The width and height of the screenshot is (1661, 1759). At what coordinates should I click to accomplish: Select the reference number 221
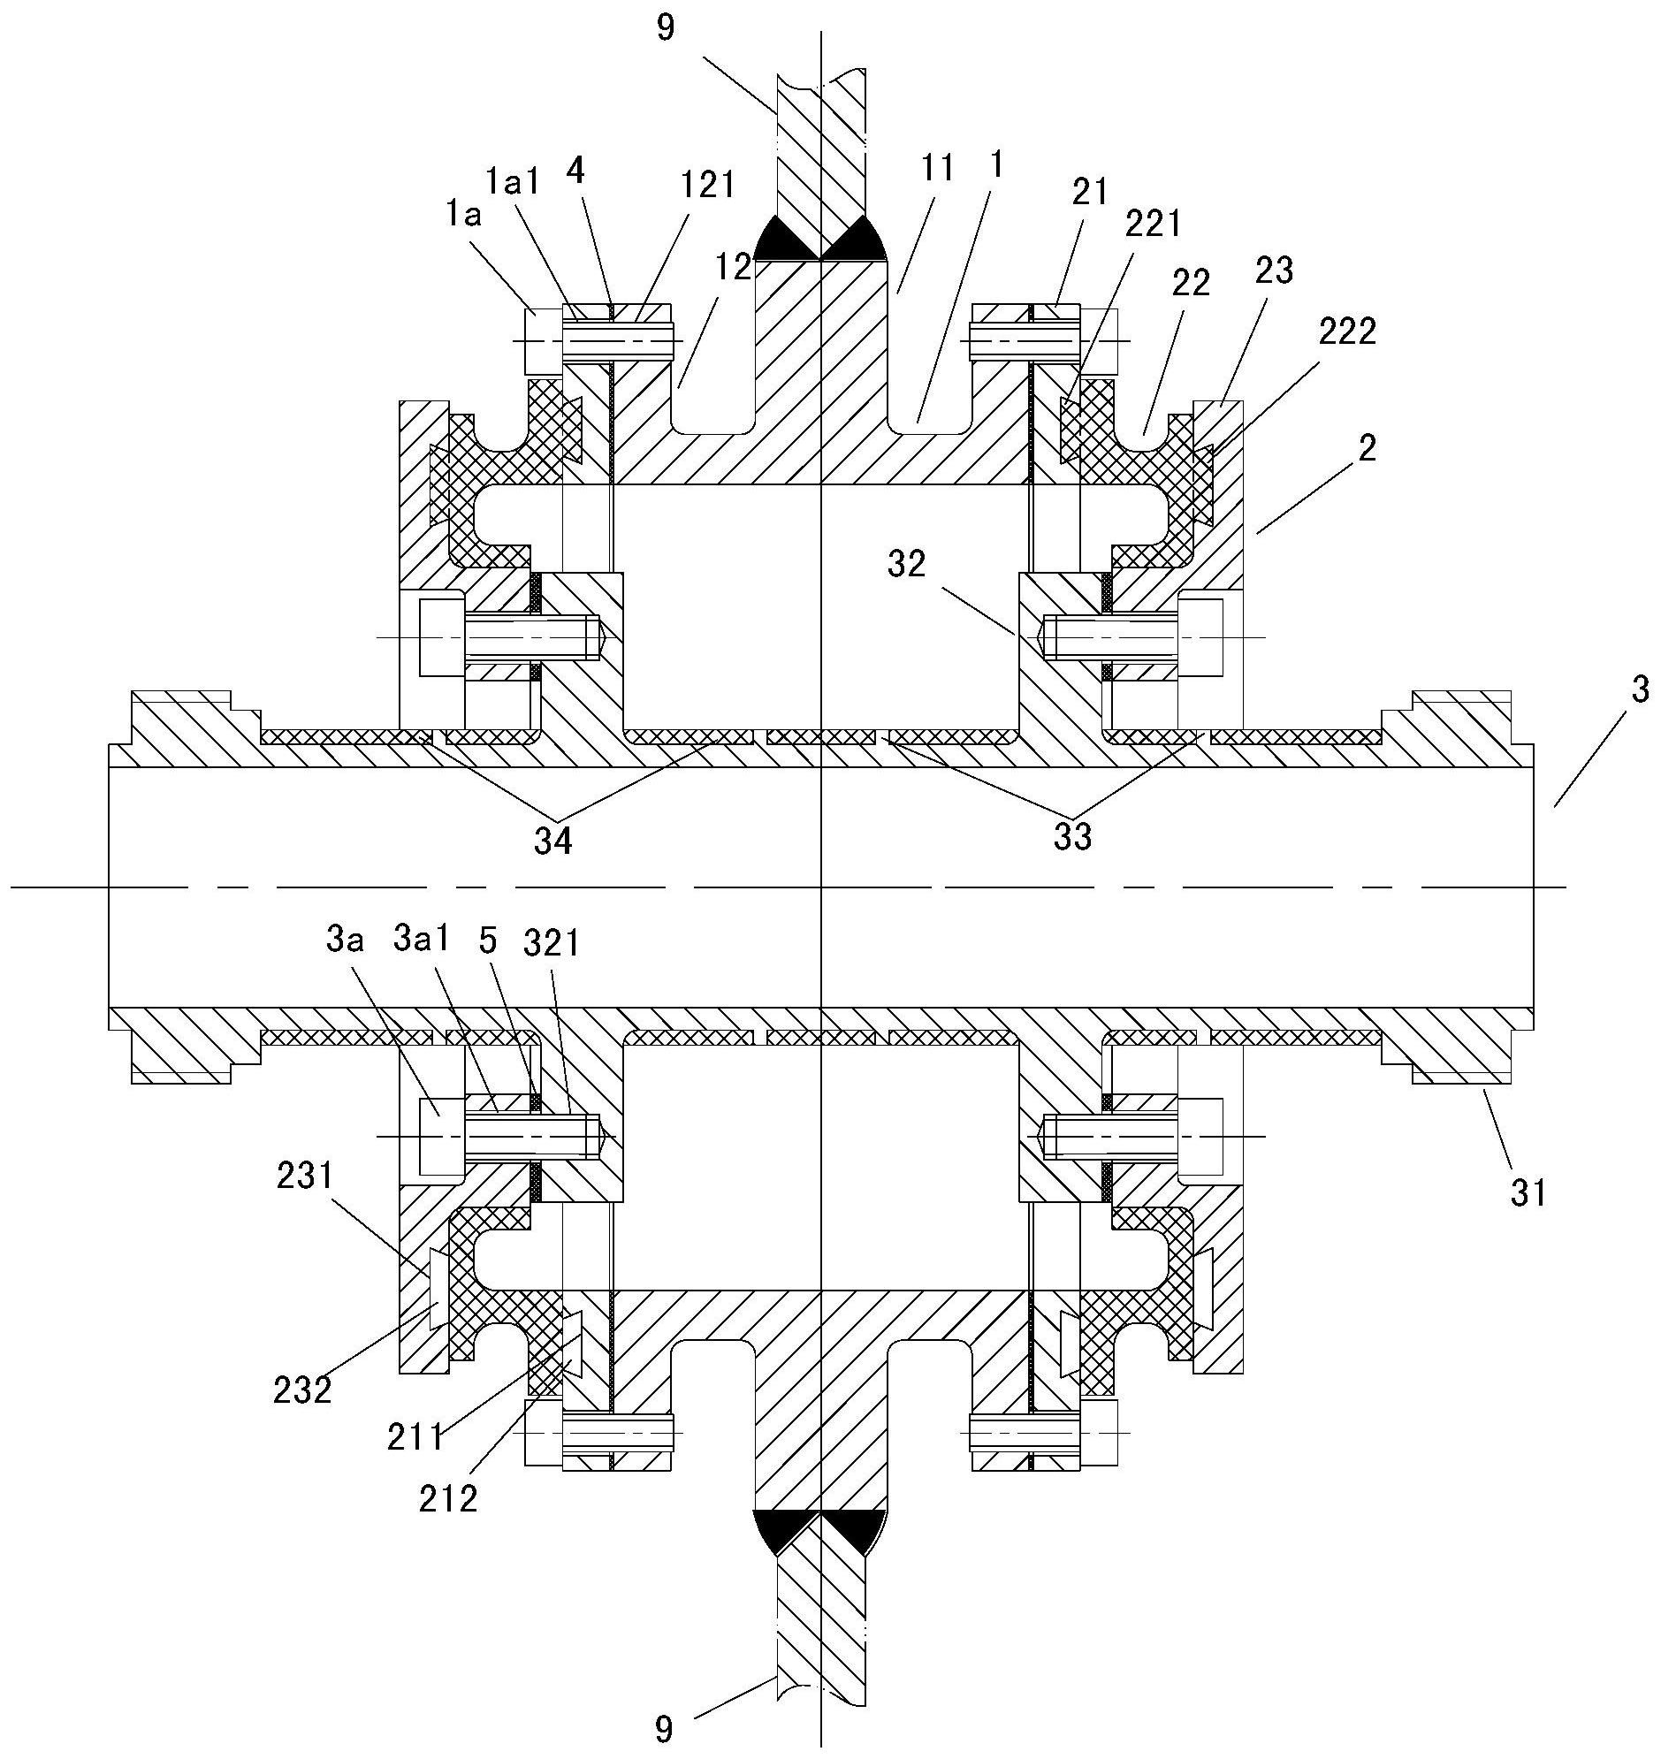click(1153, 225)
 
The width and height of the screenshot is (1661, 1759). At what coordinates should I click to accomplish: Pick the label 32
click(906, 563)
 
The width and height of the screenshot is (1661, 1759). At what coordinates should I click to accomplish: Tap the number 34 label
click(552, 840)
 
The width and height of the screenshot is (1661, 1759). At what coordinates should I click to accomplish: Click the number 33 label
click(1072, 836)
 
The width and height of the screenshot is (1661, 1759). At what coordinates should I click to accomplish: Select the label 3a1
click(422, 940)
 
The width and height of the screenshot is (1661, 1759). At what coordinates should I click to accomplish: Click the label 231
click(305, 1176)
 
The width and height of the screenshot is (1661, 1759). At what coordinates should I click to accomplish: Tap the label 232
click(304, 1390)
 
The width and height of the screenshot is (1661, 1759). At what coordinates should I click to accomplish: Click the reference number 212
click(449, 1498)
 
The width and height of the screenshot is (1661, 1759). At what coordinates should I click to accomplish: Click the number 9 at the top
click(667, 28)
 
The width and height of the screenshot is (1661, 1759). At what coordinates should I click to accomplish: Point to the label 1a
click(463, 215)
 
